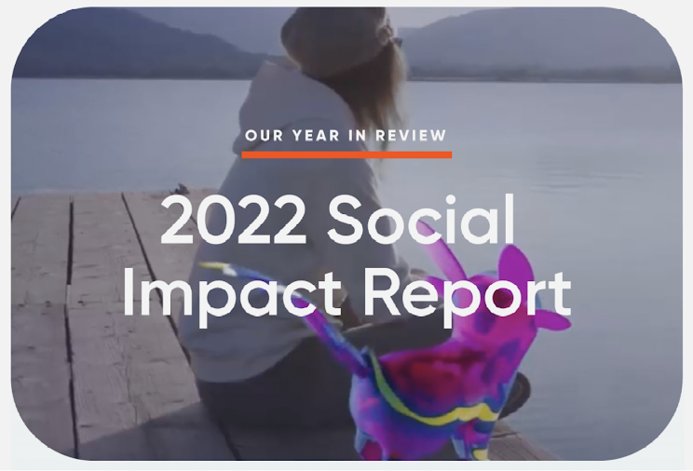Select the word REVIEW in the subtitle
click(411, 136)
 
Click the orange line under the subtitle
click(346, 155)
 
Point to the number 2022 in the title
click(234, 221)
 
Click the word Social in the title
click(421, 218)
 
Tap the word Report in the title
click(468, 294)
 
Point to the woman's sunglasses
click(397, 43)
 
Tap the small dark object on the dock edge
click(181, 189)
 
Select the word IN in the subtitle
click(358, 136)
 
